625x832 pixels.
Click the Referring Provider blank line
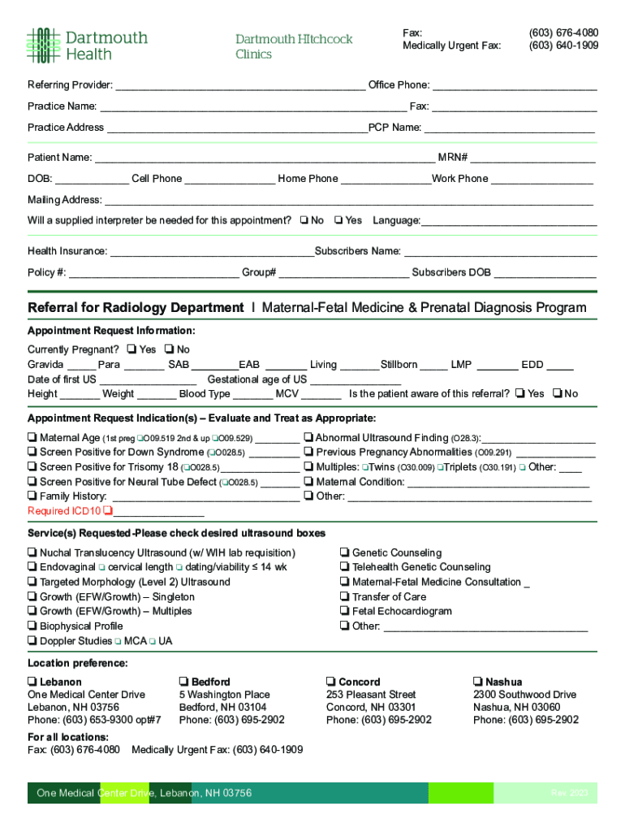tap(240, 86)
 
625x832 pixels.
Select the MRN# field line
tap(532, 158)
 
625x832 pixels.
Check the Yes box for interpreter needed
tap(338, 220)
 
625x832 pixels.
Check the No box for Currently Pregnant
tap(169, 350)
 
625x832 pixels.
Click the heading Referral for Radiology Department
tap(136, 308)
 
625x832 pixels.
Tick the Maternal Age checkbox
tap(32, 438)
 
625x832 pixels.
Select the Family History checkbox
tap(32, 496)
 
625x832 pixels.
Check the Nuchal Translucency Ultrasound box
tap(32, 553)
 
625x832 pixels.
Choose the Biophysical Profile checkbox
tap(32, 626)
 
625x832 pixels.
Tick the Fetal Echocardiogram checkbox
tap(345, 611)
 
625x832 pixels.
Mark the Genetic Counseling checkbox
tap(345, 553)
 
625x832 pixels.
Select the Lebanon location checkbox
tap(32, 682)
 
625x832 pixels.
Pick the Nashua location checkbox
tap(478, 682)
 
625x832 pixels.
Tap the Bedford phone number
tap(232, 720)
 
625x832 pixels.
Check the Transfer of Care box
tap(345, 597)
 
